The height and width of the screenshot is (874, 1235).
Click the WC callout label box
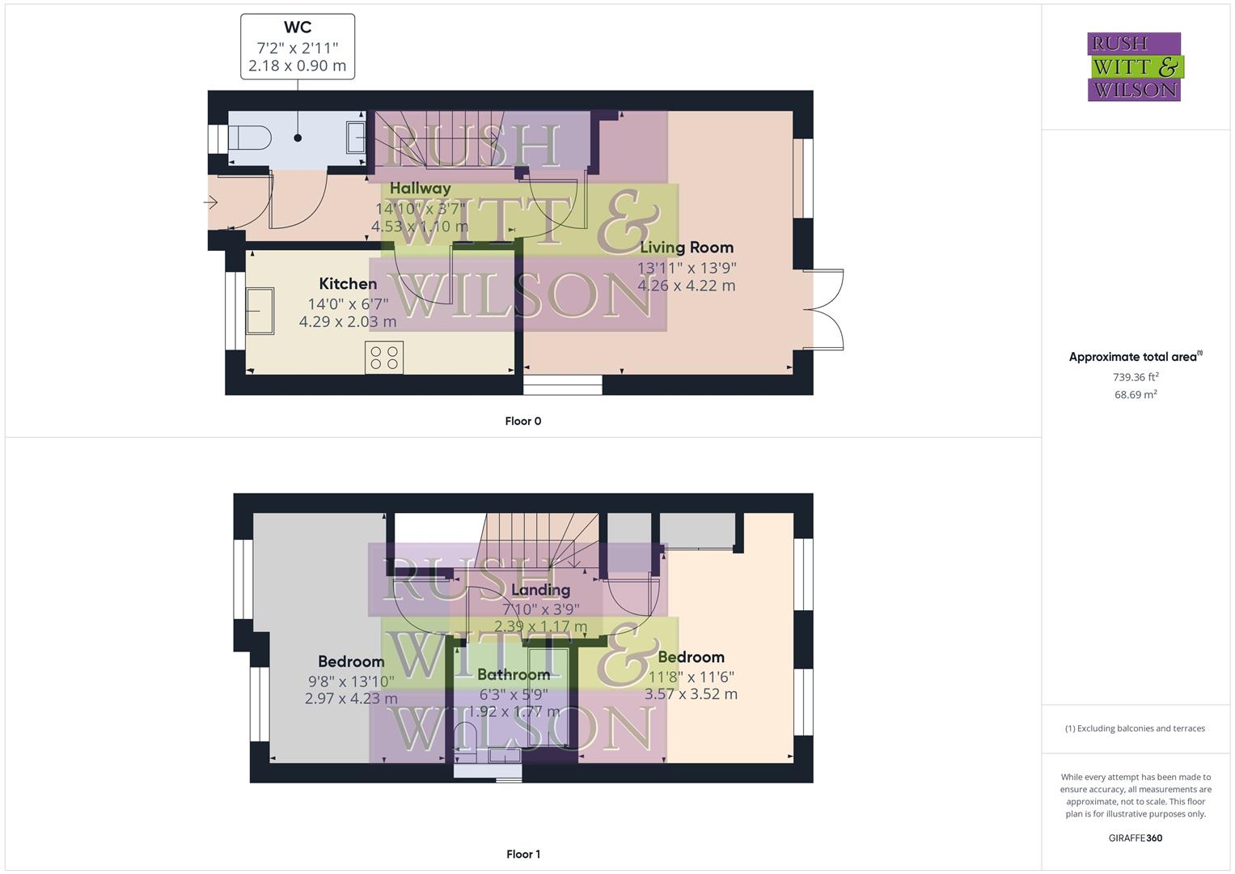tap(298, 46)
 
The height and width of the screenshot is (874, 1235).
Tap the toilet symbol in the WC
tap(248, 138)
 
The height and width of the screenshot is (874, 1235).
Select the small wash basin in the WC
tap(356, 137)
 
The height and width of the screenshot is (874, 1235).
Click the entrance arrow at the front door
tap(211, 203)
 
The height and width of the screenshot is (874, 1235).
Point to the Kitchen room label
tap(348, 283)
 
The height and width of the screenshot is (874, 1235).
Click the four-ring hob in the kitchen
tap(384, 357)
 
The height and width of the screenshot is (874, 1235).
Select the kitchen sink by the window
tap(260, 311)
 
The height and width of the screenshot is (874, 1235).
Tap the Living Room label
tap(687, 248)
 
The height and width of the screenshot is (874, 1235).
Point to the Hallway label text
tap(420, 188)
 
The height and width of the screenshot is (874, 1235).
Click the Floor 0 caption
tap(523, 421)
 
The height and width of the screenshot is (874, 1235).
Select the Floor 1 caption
tap(523, 854)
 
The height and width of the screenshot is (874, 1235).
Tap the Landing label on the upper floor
tap(540, 590)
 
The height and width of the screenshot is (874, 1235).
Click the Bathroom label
tap(514, 674)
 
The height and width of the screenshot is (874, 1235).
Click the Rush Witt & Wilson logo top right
tap(1135, 67)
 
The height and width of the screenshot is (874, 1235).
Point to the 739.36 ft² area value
tap(1136, 376)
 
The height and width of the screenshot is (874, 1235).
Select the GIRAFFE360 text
tap(1135, 838)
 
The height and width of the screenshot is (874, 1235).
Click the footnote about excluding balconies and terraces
tap(1135, 728)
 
